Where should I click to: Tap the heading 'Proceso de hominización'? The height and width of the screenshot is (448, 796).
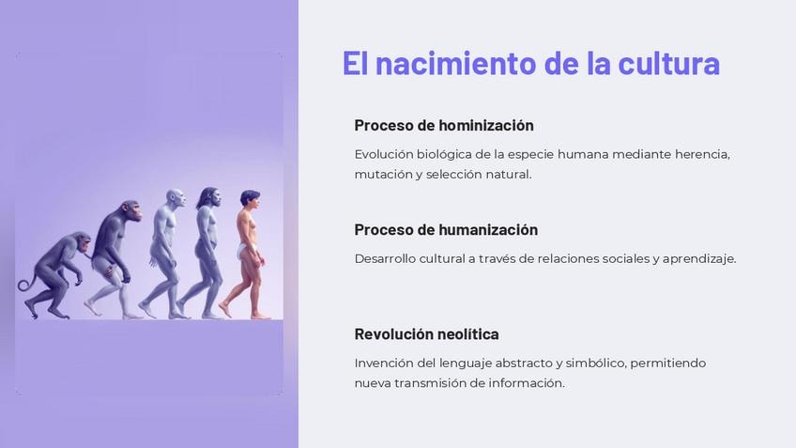444,126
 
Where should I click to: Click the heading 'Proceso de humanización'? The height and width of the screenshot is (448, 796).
446,229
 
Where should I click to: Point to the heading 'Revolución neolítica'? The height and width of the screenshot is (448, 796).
426,334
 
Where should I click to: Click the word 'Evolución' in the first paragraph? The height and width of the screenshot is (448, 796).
383,154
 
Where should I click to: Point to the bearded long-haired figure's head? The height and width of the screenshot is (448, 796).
209,197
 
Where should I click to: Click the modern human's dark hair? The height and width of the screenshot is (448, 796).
250,195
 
